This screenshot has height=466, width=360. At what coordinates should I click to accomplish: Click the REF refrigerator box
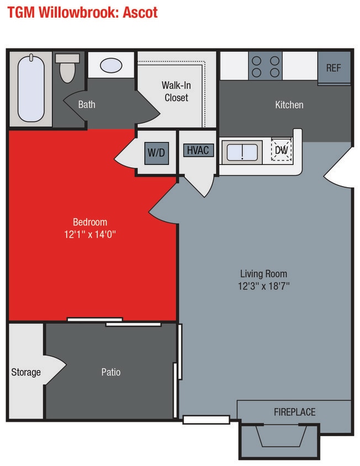333,68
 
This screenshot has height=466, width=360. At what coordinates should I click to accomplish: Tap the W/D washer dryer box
156,152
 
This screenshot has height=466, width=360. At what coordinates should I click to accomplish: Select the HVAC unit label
197,150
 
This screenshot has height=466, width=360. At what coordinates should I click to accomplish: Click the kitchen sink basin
242,152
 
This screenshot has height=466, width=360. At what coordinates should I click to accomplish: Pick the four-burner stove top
265,66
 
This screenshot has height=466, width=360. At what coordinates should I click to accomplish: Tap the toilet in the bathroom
67,68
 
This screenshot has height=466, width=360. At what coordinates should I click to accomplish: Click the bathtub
31,87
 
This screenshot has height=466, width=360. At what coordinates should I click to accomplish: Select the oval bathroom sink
112,65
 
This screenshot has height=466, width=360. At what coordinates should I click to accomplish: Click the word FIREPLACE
294,412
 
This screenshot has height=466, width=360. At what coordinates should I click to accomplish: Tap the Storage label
26,372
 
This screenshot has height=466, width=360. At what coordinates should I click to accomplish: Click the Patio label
110,372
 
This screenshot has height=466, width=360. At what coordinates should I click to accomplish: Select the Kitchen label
289,104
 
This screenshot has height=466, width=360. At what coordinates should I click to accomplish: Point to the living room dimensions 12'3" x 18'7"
263,286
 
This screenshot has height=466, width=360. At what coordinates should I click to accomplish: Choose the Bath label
87,104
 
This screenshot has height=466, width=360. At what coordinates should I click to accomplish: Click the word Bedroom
90,222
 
